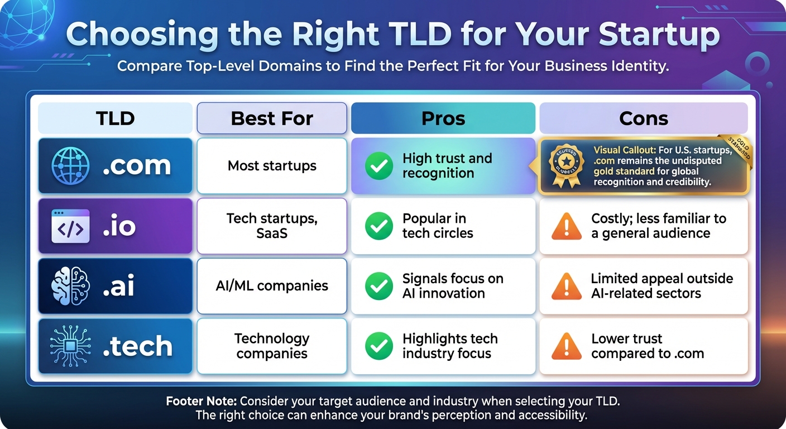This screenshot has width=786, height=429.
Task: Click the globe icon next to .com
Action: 70,166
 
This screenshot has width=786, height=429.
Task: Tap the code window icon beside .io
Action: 70,226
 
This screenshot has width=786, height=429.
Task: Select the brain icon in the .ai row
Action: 70,286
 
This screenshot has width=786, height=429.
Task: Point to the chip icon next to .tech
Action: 70,346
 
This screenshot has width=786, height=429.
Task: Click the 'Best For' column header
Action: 272,118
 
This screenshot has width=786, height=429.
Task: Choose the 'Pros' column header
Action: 443,118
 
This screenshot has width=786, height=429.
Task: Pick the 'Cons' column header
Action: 643,118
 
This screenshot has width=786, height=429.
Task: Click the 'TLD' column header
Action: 115,118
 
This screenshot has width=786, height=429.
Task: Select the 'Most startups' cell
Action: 272,166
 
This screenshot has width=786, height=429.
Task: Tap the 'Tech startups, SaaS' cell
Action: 272,226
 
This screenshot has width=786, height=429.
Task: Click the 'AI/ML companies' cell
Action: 272,286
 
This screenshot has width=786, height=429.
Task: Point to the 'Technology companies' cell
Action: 272,346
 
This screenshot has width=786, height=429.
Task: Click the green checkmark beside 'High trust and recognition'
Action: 379,166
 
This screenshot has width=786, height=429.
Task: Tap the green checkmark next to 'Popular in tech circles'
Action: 379,226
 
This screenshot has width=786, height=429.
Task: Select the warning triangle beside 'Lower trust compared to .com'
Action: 566,346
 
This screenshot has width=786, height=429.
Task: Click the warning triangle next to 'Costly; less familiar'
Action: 566,226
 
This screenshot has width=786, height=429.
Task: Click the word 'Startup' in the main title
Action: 659,35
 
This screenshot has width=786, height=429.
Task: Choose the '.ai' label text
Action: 118,286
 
